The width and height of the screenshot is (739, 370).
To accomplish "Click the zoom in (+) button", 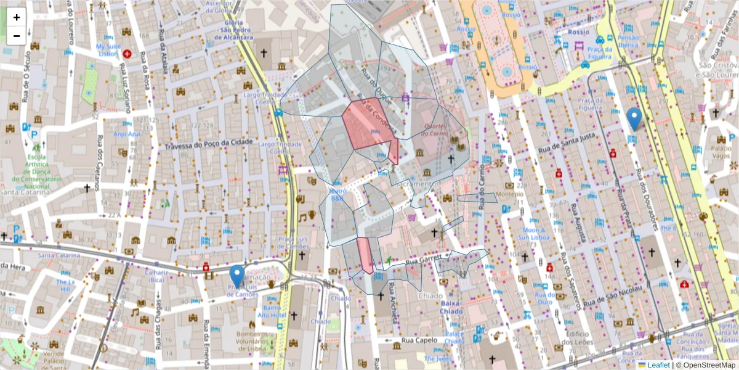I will (x=17, y=17).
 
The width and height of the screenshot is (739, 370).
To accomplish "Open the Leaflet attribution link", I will (x=658, y=365).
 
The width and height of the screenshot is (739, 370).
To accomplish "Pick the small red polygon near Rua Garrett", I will (x=365, y=254).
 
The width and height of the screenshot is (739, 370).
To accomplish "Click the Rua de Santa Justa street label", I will (x=566, y=142).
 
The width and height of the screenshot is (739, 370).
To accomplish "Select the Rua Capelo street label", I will (x=419, y=340).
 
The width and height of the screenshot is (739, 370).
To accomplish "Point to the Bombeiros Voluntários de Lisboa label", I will (x=253, y=340).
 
